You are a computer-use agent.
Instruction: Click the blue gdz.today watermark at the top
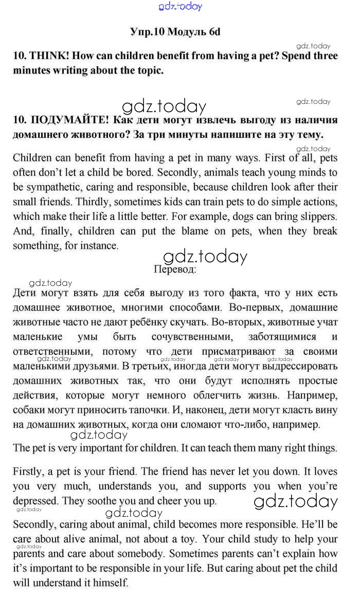click(181, 6)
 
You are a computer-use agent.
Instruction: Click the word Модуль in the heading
click(187, 32)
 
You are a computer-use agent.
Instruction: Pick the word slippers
click(318, 216)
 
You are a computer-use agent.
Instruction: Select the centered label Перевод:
click(174, 268)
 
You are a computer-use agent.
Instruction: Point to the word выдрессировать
click(301, 367)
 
